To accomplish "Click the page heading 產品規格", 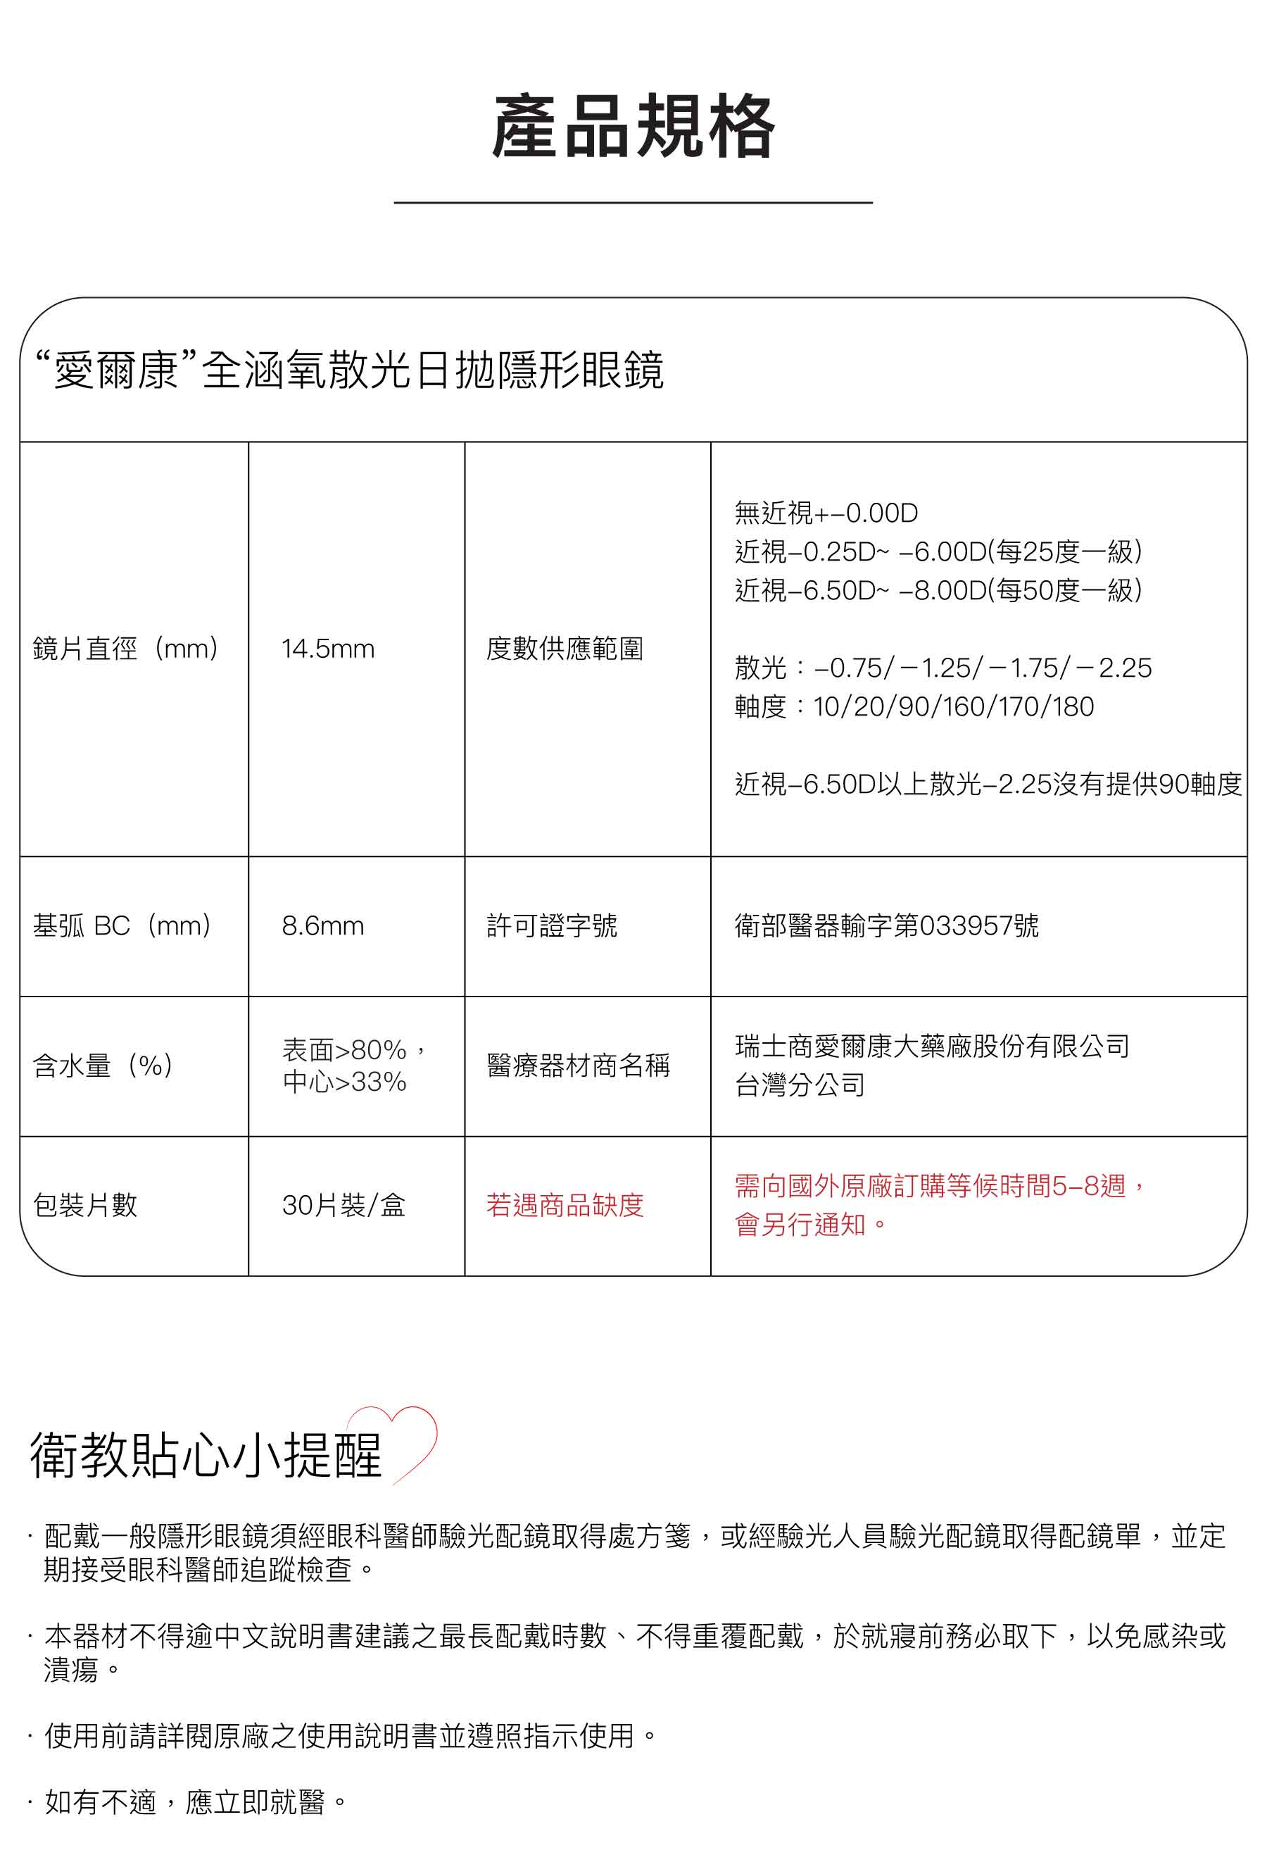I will click(633, 126).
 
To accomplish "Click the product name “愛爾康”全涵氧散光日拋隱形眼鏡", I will click(349, 370).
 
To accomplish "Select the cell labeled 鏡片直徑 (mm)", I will click(126, 649).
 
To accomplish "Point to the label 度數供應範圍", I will click(565, 649).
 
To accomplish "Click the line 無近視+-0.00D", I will click(826, 513).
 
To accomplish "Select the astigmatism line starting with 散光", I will click(943, 668).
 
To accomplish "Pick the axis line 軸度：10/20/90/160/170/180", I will click(914, 707).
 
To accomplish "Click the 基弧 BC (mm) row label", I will click(122, 925).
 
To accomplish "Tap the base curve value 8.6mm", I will click(323, 925).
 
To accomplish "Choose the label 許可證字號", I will click(552, 925).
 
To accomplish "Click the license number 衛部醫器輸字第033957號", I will click(886, 925).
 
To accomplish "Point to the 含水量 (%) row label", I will click(103, 1066).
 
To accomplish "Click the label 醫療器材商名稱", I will click(578, 1066).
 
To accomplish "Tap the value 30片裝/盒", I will click(343, 1205).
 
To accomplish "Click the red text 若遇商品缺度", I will click(565, 1205).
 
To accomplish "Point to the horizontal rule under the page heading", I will click(633, 202).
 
